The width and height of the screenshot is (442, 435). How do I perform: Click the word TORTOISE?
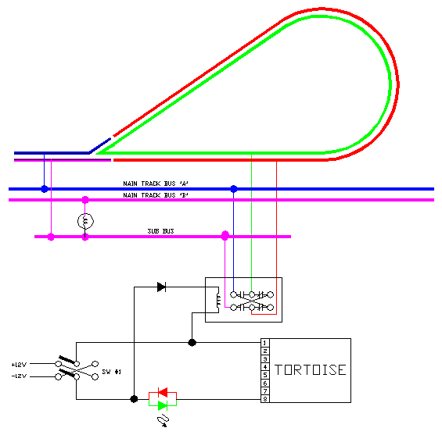click(x=310, y=370)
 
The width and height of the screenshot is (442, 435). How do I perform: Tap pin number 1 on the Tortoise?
click(x=265, y=343)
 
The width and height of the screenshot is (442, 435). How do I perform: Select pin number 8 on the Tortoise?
click(x=265, y=400)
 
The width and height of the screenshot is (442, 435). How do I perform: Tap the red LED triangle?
click(x=163, y=392)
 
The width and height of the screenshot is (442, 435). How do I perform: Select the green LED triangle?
click(x=163, y=405)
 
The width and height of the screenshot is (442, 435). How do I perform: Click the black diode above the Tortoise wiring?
click(x=161, y=287)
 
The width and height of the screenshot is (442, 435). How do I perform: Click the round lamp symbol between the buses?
click(x=85, y=222)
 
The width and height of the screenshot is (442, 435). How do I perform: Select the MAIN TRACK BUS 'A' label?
click(x=156, y=184)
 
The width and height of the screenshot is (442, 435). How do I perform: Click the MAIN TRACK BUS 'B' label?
click(x=156, y=194)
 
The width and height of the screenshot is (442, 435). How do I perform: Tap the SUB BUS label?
click(x=160, y=232)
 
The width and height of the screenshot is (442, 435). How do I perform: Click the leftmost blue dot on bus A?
click(x=45, y=189)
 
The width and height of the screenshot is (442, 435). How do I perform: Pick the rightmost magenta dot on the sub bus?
click(x=225, y=235)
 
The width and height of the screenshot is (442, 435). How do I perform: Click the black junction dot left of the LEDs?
click(x=134, y=399)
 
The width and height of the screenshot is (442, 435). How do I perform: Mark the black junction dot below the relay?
click(x=192, y=342)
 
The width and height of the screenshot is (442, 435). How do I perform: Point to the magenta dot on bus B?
click(x=85, y=201)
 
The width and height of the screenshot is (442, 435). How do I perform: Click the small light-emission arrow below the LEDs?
click(x=163, y=421)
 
